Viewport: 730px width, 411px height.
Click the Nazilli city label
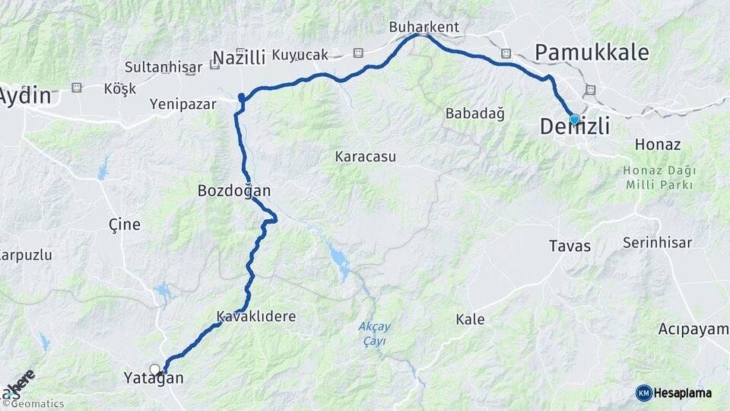coord(239,58)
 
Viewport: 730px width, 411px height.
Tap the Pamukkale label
coord(592,53)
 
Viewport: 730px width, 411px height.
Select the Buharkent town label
coord(424,27)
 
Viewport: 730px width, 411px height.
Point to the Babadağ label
coord(474,113)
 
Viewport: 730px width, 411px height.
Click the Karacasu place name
coord(366,157)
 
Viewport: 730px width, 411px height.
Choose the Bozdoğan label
coord(233,190)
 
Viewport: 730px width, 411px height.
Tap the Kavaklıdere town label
coord(255,316)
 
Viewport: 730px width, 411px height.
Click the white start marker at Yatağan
coord(155,370)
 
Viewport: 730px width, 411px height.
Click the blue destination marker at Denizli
coord(574,119)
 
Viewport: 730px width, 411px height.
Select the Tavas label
coord(570,246)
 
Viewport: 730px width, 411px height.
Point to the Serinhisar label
coord(657,243)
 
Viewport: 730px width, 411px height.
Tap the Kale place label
coord(470,319)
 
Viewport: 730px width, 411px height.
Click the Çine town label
coord(124,225)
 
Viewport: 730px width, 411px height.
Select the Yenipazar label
coord(182,104)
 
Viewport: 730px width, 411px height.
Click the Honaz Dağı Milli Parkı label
coord(658,177)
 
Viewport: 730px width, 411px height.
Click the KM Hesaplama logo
coord(674,393)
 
